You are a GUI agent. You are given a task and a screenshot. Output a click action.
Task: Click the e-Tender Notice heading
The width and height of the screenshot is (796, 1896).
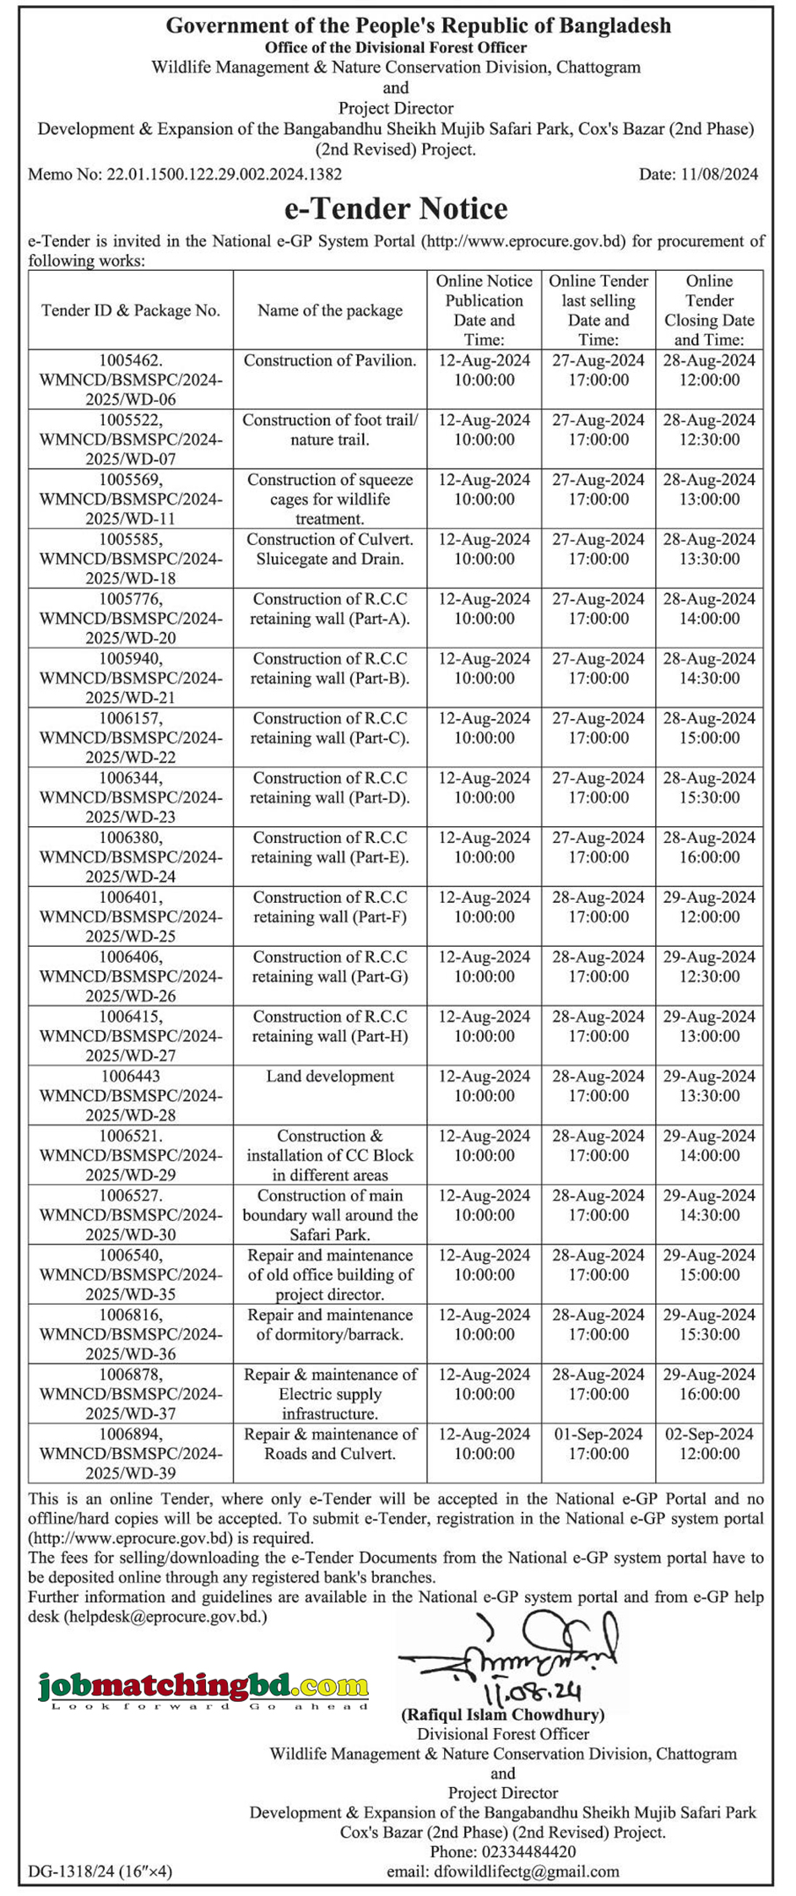(x=395, y=208)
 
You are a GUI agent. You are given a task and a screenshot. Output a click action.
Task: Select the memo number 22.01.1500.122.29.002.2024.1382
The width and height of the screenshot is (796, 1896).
(x=185, y=175)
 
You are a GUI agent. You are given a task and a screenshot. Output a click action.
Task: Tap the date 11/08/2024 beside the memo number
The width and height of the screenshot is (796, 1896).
(x=698, y=175)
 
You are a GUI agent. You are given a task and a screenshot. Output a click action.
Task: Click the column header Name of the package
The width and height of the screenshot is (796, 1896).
(x=330, y=311)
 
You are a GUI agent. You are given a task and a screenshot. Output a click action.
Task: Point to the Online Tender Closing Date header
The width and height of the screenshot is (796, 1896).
(x=709, y=311)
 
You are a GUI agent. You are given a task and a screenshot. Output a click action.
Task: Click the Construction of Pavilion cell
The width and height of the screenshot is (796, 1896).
(x=330, y=361)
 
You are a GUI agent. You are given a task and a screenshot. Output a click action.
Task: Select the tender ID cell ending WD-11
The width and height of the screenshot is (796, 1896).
(x=131, y=499)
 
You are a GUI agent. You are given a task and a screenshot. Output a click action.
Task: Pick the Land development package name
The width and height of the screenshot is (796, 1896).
(x=330, y=1077)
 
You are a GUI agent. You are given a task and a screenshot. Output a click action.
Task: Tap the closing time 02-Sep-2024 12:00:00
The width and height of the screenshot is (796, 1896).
(x=709, y=1444)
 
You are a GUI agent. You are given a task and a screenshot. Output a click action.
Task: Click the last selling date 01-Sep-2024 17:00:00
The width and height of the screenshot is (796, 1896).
(x=598, y=1444)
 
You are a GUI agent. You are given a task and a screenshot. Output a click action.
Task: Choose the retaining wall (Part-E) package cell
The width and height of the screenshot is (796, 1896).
(x=330, y=847)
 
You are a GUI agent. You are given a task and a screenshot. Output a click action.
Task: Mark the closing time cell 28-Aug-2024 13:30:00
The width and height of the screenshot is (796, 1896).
(x=709, y=549)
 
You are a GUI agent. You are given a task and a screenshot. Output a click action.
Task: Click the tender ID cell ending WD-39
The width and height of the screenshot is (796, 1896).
(x=131, y=1453)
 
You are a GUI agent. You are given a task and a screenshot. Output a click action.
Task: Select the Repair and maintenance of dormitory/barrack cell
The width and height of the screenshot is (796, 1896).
(x=330, y=1325)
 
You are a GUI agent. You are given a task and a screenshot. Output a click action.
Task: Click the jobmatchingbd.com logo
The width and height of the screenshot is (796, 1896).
(x=203, y=1688)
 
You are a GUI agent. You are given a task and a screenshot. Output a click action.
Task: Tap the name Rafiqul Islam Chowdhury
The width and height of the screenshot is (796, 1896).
(x=502, y=1715)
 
